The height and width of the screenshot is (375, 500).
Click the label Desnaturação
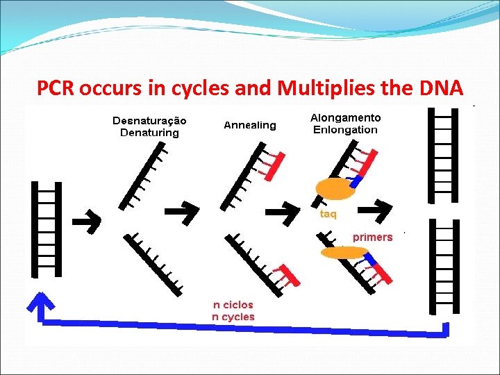click(x=149, y=121)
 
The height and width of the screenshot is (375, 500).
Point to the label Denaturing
click(x=149, y=133)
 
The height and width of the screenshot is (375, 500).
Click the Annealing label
click(x=250, y=126)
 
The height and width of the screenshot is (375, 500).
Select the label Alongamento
click(x=345, y=118)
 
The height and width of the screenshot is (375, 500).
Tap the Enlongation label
click(x=345, y=130)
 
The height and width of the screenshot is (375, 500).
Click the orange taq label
click(x=328, y=215)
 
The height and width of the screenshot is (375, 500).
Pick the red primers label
click(x=373, y=237)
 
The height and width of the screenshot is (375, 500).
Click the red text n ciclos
click(x=233, y=304)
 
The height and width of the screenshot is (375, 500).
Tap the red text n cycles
click(x=233, y=317)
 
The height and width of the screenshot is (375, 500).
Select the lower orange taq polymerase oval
click(x=343, y=253)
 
